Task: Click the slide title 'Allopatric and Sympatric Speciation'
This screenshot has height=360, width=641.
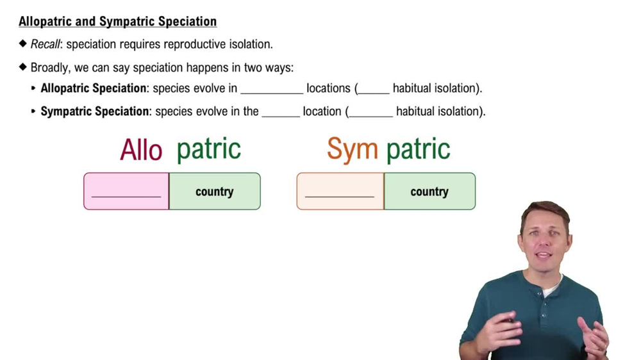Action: [117, 21]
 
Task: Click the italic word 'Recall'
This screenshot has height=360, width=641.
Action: [45, 44]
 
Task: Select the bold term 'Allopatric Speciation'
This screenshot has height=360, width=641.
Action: [94, 88]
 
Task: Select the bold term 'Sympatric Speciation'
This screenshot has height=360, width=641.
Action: [95, 111]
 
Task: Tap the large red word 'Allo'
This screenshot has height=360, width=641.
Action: [141, 150]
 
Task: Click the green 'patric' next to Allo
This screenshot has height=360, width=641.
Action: [208, 149]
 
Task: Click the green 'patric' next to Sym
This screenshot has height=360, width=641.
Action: [418, 149]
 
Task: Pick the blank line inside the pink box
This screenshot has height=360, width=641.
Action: [126, 195]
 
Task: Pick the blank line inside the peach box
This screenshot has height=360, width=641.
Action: [340, 195]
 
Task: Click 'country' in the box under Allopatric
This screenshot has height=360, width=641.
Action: [214, 192]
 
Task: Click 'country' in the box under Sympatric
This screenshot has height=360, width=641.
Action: [429, 192]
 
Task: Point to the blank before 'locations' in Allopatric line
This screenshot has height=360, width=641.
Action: [271, 93]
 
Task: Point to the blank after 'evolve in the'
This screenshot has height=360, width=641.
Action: [281, 116]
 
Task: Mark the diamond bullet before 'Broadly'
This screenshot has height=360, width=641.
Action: [23, 67]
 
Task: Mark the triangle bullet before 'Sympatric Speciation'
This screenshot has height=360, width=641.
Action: [34, 111]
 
